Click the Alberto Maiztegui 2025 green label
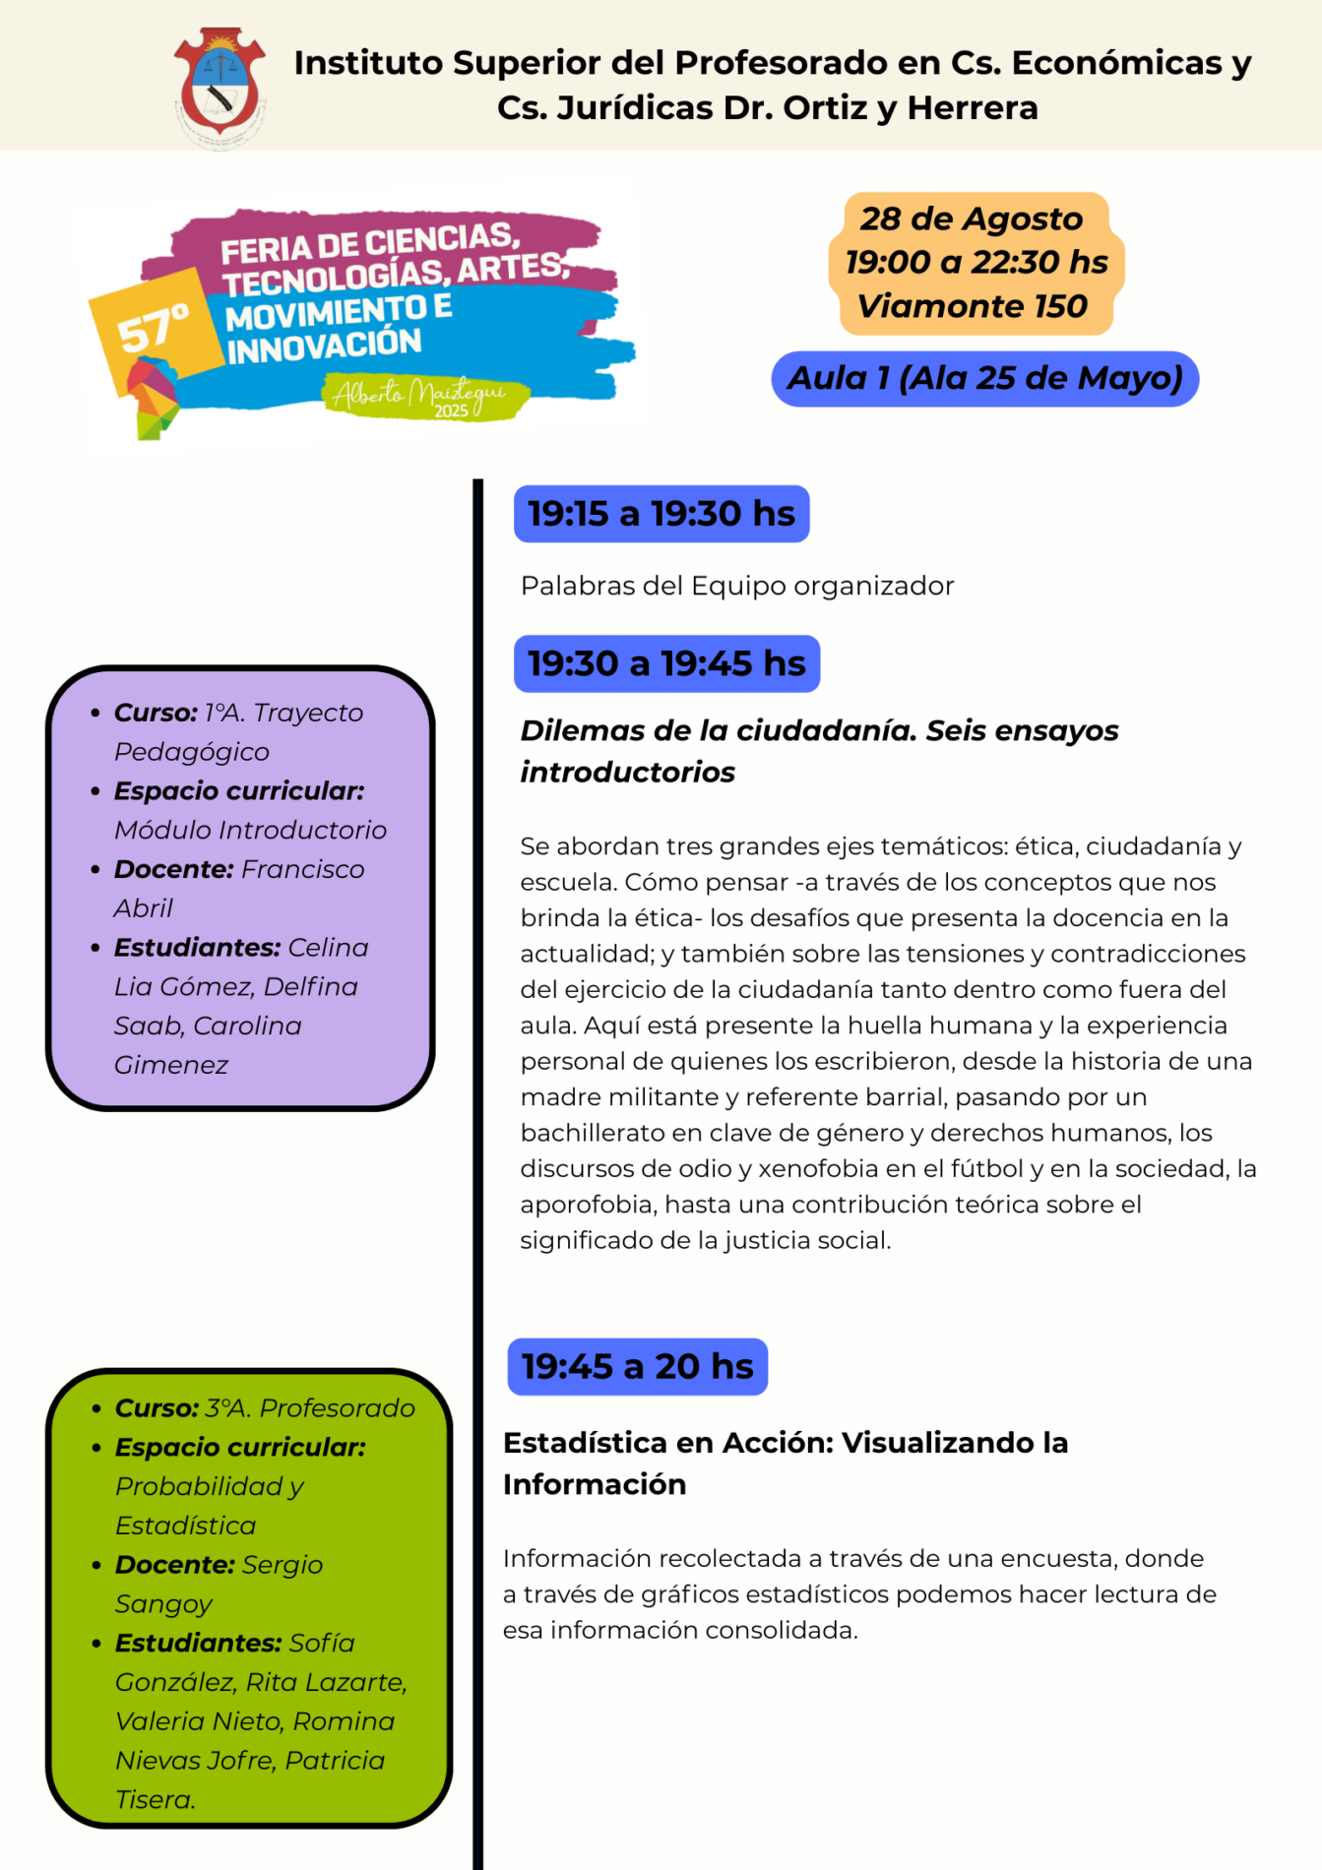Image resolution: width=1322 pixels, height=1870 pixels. click(423, 398)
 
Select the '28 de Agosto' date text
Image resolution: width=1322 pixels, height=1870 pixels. click(971, 218)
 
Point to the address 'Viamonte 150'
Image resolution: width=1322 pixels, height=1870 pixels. click(972, 306)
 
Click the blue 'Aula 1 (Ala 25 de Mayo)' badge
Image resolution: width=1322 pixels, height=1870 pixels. click(984, 379)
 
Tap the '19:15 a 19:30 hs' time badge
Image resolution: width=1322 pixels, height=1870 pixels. click(661, 514)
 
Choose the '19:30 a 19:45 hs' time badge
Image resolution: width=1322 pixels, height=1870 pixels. click(666, 663)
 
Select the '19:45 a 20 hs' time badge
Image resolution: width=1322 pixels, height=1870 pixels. click(637, 1366)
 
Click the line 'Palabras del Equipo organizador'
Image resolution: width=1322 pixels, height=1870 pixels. click(737, 586)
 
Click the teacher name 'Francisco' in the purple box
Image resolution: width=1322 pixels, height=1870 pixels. click(302, 869)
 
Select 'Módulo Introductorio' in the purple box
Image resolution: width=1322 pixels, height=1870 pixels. click(250, 830)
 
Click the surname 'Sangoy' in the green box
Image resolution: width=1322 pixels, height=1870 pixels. click(163, 1604)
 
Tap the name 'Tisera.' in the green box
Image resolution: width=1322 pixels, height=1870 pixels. click(156, 1799)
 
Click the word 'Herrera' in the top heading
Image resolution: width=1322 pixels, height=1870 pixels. click(972, 107)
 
